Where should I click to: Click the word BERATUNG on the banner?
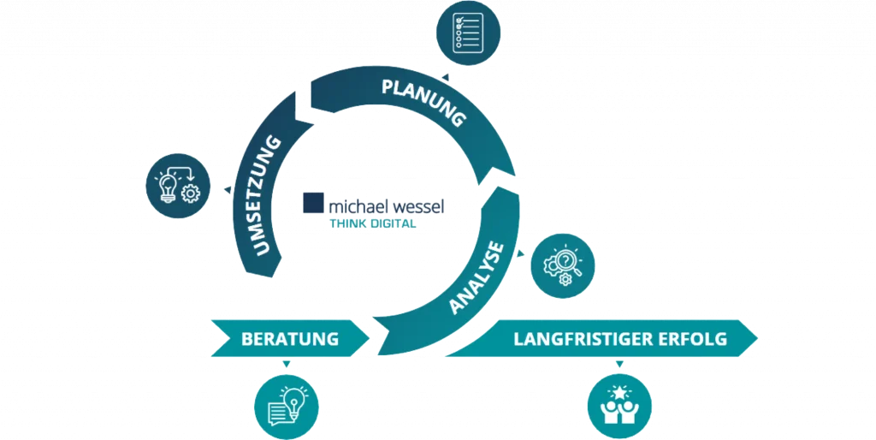pyautogui.click(x=290, y=339)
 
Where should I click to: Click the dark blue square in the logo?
pyautogui.click(x=314, y=205)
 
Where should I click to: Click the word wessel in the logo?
pyautogui.click(x=418, y=206)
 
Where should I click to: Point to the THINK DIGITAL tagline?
pyautogui.click(x=373, y=223)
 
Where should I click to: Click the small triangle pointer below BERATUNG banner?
pyautogui.click(x=287, y=366)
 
